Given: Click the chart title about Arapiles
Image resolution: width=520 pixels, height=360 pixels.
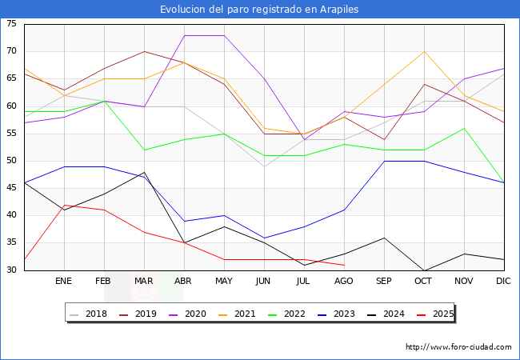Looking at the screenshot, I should pos(259,9).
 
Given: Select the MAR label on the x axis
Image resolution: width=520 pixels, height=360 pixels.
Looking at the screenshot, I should pos(144,282).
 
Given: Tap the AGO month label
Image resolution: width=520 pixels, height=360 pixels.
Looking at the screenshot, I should pos(344,282).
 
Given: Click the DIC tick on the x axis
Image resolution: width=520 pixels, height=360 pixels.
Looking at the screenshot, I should pos(503,282).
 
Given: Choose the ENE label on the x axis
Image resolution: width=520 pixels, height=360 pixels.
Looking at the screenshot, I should pos(64,282).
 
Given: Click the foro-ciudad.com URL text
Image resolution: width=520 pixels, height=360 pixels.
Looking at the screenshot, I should pos(458,347).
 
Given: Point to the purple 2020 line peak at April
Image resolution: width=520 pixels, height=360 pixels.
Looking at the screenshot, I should pos(184,35).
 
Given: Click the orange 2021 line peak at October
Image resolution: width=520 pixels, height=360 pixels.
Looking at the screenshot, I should pos(424,51).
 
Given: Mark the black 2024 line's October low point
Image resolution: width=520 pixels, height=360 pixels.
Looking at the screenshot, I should pos(424,270).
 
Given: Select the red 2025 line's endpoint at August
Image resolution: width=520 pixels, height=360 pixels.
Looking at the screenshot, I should pos(344,265).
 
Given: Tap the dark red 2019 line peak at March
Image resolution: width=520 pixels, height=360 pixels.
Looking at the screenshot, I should pos(144,51).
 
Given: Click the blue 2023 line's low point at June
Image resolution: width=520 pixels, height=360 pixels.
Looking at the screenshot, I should pos(264,238).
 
